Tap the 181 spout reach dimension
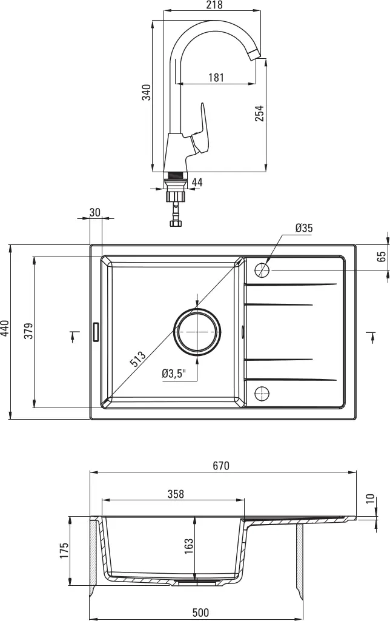click(x=216, y=78)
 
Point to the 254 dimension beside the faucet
click(x=259, y=113)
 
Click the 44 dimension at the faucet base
click(x=197, y=182)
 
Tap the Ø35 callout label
click(x=304, y=229)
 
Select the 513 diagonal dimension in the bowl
click(x=137, y=360)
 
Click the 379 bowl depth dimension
click(x=28, y=332)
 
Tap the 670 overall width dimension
click(x=221, y=466)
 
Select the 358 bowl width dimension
click(x=175, y=495)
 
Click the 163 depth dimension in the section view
click(x=189, y=546)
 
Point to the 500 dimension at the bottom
click(x=200, y=613)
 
